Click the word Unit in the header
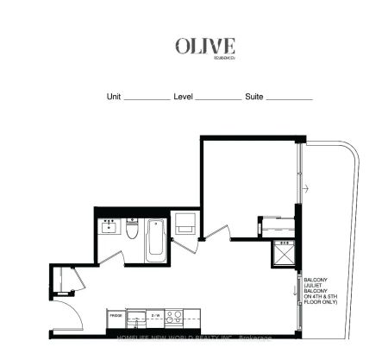click(113, 98)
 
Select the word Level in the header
click(183, 98)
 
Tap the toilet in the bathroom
click(132, 230)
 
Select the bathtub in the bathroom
click(155, 239)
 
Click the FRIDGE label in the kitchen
click(114, 316)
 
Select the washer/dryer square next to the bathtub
click(183, 224)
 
